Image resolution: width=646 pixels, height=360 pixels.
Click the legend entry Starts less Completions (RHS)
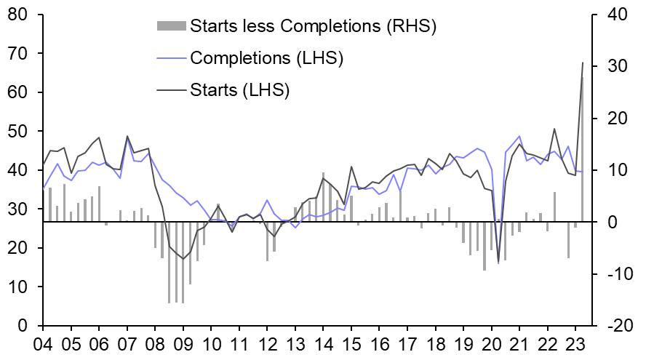[312, 26]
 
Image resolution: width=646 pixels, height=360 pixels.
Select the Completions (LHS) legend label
[266, 57]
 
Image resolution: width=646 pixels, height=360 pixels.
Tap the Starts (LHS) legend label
[239, 90]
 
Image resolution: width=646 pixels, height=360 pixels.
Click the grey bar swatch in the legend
[171, 26]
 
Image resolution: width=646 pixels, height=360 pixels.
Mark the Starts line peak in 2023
[583, 63]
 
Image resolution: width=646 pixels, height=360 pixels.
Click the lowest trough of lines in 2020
[498, 263]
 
